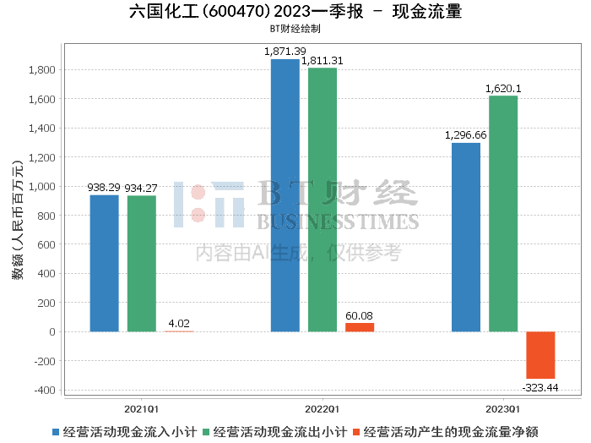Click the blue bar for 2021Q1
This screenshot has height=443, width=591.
point(105,264)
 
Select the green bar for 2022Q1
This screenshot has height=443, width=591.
point(323,200)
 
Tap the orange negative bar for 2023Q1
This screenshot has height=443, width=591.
point(540,355)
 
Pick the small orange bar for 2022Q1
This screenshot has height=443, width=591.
point(360,327)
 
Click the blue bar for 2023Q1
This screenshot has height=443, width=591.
point(466,238)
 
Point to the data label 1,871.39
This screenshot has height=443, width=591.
point(285,52)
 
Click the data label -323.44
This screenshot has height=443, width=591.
point(540,387)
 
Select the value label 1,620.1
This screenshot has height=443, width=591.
point(503,89)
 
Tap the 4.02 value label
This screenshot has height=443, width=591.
point(179,324)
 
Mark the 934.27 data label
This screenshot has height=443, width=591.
point(141,188)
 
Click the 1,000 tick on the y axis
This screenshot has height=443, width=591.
point(42,186)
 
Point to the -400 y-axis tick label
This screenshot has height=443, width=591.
point(45,391)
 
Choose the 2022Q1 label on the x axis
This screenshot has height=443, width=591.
point(322,409)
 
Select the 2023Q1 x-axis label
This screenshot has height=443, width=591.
point(503,409)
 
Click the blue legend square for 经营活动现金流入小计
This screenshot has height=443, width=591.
point(56,432)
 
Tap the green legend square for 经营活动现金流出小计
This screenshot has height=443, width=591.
point(206,432)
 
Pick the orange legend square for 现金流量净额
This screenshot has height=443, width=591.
point(356,432)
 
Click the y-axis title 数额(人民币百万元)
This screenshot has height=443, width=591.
point(18,221)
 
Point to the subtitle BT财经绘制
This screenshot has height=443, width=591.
point(295,29)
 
